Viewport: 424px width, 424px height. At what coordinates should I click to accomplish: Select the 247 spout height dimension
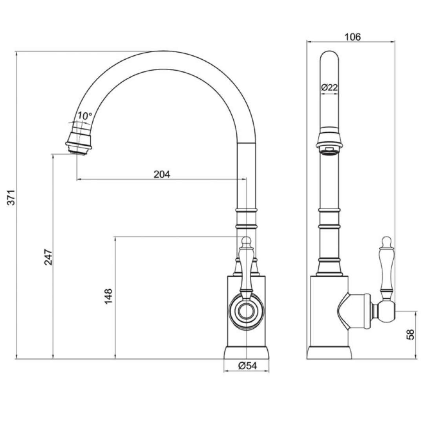click(48, 257)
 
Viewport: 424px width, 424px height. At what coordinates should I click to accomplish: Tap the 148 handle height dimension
click(109, 296)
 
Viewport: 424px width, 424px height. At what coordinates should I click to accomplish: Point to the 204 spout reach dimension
click(162, 174)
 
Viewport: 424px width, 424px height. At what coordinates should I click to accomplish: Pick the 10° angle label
click(84, 116)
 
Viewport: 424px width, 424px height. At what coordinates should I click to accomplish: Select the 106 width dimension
click(352, 37)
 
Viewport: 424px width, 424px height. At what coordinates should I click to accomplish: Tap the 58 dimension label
click(410, 334)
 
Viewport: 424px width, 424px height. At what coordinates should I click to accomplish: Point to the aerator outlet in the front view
click(329, 150)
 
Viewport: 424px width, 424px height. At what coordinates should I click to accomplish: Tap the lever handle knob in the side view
click(246, 241)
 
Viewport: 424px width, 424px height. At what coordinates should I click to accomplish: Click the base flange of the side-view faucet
click(246, 353)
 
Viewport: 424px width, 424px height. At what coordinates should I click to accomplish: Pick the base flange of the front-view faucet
click(329, 353)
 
